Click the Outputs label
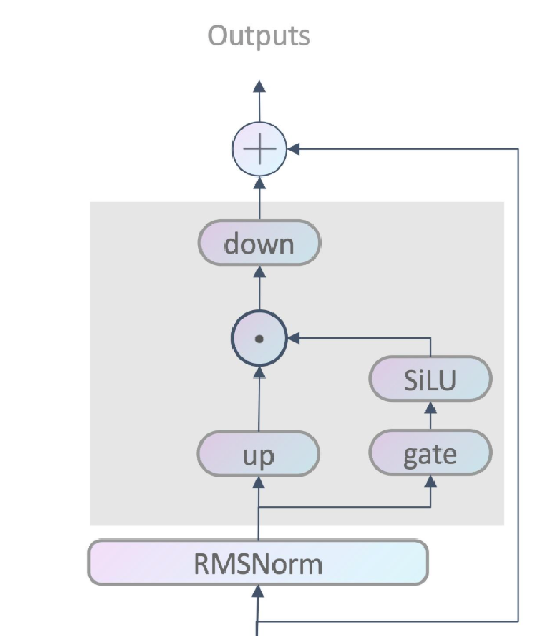tap(259, 36)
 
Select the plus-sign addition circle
tap(260, 149)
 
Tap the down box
tap(259, 243)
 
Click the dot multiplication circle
tap(260, 339)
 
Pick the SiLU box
tap(430, 379)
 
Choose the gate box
tap(430, 454)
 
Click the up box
tap(259, 455)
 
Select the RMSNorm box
tap(258, 562)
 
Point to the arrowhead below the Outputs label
tap(259, 86)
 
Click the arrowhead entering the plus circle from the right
tap(293, 149)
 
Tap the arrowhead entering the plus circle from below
tap(260, 182)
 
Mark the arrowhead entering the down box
tap(259, 271)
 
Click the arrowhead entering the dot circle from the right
tap(294, 337)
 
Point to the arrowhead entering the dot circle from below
tap(260, 372)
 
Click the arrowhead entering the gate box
tap(430, 482)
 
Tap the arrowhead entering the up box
tap(259, 483)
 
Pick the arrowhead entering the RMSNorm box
tap(258, 591)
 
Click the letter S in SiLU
tap(411, 380)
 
